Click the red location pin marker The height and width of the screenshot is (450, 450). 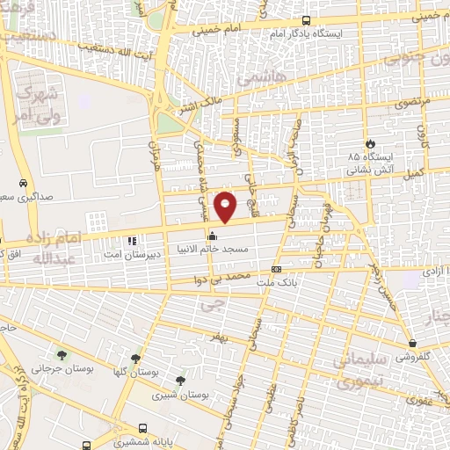(x=226, y=206)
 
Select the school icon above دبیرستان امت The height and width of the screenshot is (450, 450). (x=132, y=240)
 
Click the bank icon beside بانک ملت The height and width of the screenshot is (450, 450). (x=277, y=270)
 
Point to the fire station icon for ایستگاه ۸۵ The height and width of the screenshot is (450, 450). (x=370, y=144)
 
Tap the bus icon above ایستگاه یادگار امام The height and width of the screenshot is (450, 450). (x=305, y=21)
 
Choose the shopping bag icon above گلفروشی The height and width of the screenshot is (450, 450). (x=412, y=343)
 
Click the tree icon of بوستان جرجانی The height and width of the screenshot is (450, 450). (x=62, y=355)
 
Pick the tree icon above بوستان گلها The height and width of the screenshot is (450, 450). (x=134, y=359)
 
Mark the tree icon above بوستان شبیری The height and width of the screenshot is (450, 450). (x=180, y=381)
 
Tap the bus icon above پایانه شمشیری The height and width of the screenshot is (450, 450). (x=85, y=445)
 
